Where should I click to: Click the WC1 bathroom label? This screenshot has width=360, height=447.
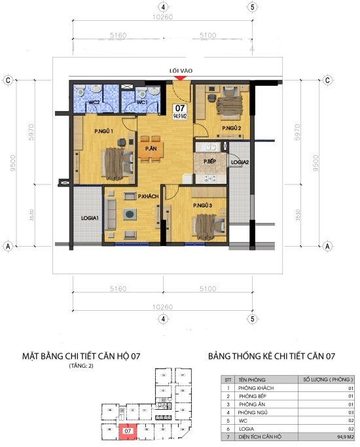click(x=142, y=103)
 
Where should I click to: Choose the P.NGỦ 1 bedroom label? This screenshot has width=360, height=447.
click(x=105, y=132)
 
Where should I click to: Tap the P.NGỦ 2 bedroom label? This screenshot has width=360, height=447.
click(x=231, y=128)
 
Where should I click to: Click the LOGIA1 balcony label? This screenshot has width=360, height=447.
click(x=90, y=217)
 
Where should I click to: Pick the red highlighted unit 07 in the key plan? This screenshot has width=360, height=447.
click(x=128, y=431)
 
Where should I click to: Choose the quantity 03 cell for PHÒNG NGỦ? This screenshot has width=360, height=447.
click(x=350, y=412)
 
